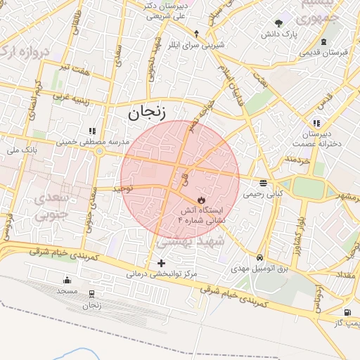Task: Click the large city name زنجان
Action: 145,110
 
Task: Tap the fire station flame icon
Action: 201,200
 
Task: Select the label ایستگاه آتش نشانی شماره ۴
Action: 202,215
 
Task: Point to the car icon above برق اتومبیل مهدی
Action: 261,258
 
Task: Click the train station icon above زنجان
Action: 92,294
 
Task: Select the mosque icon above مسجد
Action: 67,280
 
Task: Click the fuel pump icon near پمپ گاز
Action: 347,312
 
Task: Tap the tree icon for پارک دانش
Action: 280,22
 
